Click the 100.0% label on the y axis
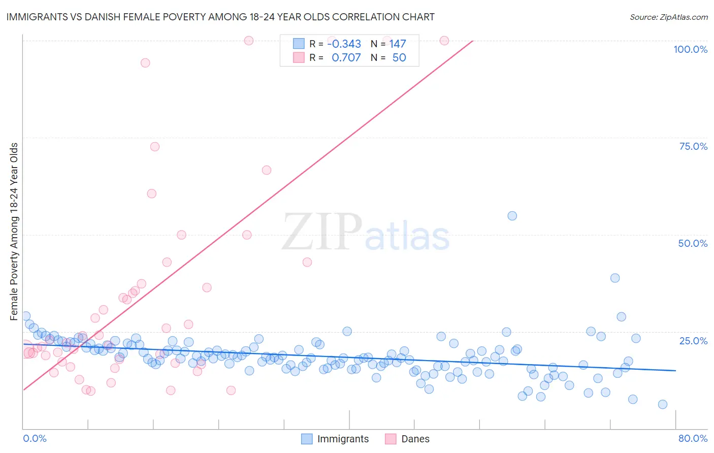point(690,49)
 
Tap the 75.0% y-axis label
point(693,146)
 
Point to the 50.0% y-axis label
point(693,243)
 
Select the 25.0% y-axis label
point(693,341)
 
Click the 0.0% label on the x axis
point(35,438)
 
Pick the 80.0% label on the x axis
point(693,438)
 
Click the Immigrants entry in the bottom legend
point(335,439)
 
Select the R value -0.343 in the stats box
point(344,44)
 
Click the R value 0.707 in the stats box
point(346,57)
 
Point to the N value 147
point(398,44)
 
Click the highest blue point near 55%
point(512,216)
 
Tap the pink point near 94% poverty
point(145,63)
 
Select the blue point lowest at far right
point(662,404)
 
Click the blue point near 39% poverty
point(614,278)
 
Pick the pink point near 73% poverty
point(155,147)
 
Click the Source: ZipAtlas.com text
point(668,17)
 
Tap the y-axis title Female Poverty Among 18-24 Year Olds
point(14,232)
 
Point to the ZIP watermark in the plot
point(321,232)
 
